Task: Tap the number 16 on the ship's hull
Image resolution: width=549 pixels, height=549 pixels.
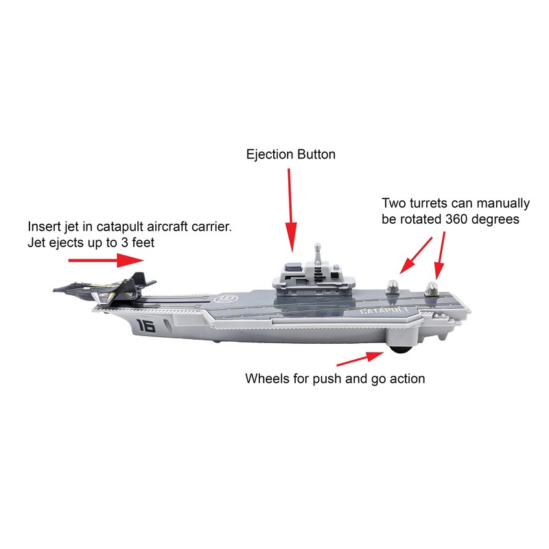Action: click(145, 325)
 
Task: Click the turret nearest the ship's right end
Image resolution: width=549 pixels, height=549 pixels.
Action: click(434, 288)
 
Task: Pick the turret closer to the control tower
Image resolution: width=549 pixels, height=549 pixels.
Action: click(393, 288)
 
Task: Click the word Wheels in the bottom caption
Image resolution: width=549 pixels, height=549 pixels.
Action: click(267, 378)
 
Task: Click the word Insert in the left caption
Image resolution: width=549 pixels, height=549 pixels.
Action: click(43, 227)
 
